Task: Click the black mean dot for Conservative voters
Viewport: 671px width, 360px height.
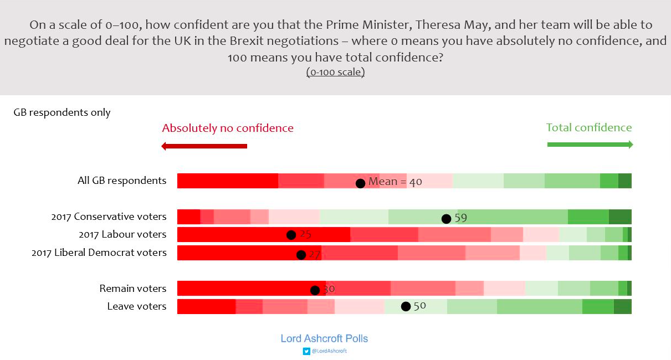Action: tap(446, 218)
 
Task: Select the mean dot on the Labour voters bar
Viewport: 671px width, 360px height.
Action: tap(291, 235)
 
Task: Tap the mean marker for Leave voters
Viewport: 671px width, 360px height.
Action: tap(406, 306)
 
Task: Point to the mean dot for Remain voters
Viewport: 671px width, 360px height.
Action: tap(315, 290)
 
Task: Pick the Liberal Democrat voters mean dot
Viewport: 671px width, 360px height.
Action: tap(301, 255)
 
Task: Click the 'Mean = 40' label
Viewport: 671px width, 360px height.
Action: tap(395, 182)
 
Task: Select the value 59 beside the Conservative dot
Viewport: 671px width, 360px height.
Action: tap(460, 218)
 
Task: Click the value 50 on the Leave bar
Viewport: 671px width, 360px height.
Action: tap(419, 306)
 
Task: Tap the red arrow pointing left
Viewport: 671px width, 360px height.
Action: tap(203, 146)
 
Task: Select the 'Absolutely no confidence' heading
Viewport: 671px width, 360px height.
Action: tap(228, 128)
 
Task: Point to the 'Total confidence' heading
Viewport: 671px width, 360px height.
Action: tap(589, 127)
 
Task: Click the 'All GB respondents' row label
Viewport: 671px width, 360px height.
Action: tap(122, 181)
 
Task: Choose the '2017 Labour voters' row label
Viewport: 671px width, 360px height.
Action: tap(122, 234)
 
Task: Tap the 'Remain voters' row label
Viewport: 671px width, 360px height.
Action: tap(133, 289)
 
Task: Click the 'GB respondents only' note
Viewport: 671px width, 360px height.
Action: tap(62, 112)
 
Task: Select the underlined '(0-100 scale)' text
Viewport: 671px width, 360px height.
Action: tap(335, 72)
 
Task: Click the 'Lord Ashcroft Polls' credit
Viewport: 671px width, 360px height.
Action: tap(324, 338)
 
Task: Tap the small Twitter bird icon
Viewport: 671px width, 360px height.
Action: tap(306, 351)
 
